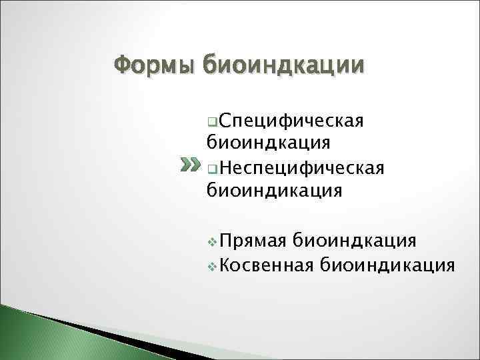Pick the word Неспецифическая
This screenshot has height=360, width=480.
click(x=301, y=167)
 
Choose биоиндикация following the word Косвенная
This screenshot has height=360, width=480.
click(x=387, y=265)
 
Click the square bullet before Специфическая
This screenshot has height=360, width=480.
click(x=211, y=123)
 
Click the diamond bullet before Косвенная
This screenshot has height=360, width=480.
click(x=212, y=266)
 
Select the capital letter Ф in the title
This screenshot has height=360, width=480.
click(x=123, y=65)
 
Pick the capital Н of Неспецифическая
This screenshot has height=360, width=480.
click(x=223, y=167)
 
